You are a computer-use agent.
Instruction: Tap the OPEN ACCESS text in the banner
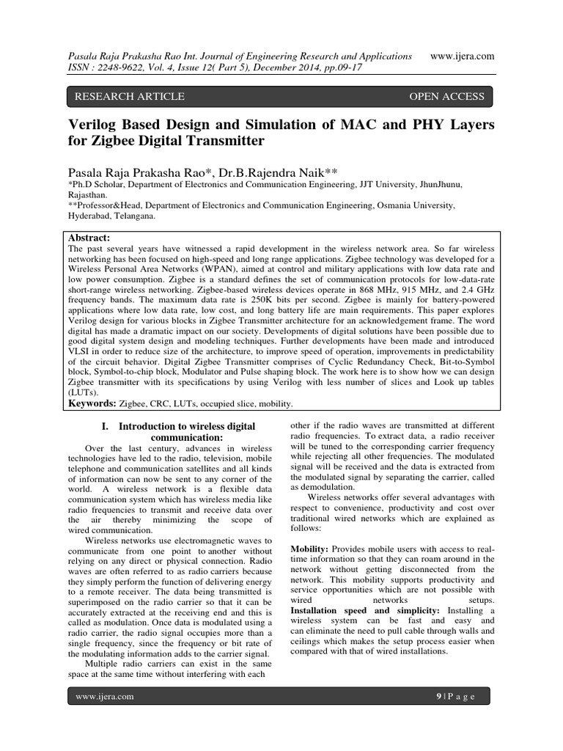[x=446, y=96]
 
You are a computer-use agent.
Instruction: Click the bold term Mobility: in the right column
[x=312, y=549]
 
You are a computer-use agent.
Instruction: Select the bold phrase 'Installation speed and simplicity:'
[x=364, y=610]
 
